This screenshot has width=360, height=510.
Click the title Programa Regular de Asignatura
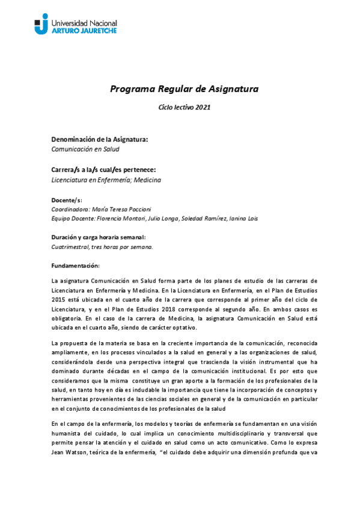[184, 89]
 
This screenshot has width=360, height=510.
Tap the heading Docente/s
[67, 199]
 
